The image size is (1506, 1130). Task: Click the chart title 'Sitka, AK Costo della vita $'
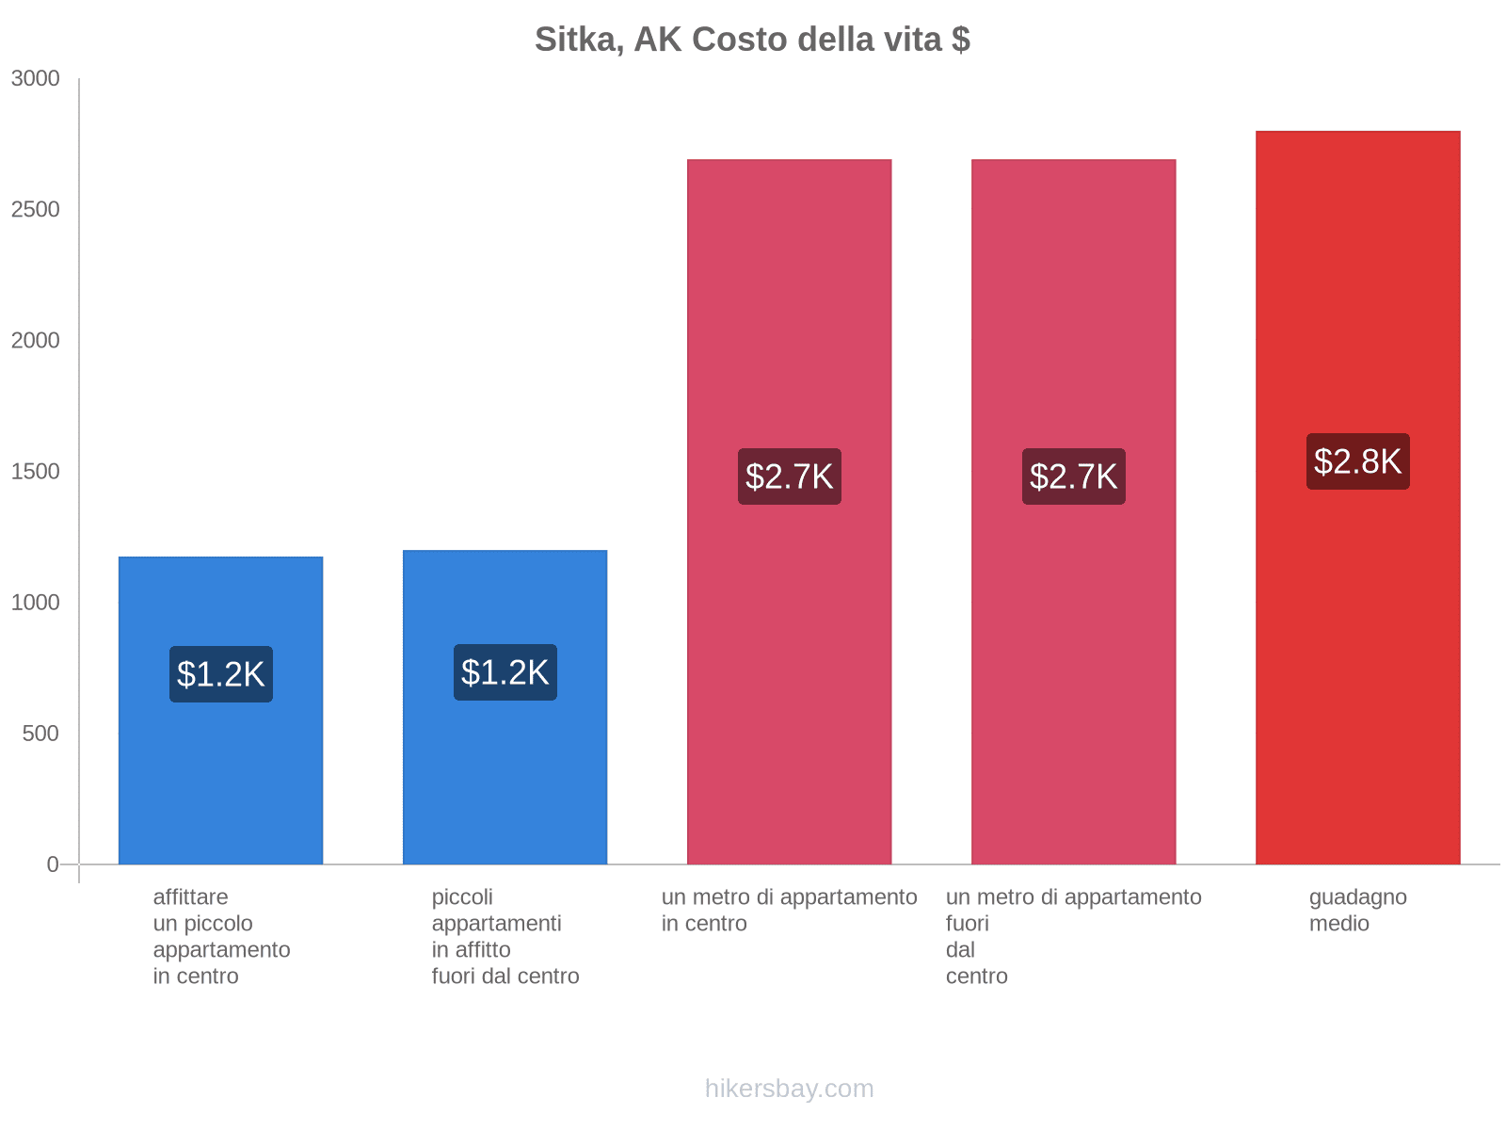(752, 40)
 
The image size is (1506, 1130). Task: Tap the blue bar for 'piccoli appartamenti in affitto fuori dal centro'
(505, 706)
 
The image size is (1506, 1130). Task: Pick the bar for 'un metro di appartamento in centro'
(789, 511)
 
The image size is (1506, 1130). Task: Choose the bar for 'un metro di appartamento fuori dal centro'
(1073, 511)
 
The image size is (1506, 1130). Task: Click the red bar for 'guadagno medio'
(1357, 497)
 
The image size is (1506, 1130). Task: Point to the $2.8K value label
(1357, 461)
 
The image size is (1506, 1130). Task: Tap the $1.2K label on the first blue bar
(220, 673)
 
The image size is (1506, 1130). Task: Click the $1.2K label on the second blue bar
(505, 671)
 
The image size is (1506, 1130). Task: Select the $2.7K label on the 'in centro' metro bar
(789, 476)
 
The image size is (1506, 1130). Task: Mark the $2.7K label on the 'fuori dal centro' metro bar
(1073, 476)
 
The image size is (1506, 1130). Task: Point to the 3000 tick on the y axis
(35, 78)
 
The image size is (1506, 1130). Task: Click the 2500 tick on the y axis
(35, 209)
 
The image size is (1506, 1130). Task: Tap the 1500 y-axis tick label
(35, 472)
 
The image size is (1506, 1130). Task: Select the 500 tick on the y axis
(40, 734)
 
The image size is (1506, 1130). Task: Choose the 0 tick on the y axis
(53, 864)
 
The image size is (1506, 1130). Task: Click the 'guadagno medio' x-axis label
(1357, 910)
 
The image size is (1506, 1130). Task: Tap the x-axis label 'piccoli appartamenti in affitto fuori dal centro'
(505, 936)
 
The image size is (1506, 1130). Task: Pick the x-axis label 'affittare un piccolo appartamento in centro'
(221, 936)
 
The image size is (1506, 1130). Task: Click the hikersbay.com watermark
(789, 1089)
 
